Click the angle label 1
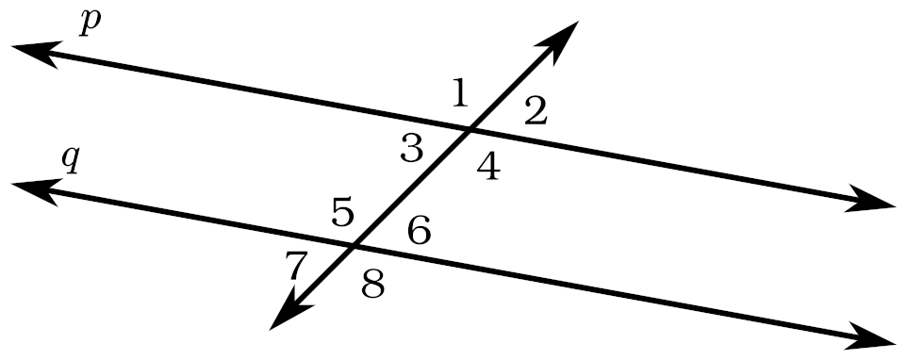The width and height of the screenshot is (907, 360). pos(460,93)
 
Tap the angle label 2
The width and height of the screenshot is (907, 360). pos(536,111)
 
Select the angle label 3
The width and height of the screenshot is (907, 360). pos(412,148)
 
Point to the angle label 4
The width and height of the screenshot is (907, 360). pos(488,169)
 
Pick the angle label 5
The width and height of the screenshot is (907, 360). pos(343,212)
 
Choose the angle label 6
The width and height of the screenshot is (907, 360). pos(420,231)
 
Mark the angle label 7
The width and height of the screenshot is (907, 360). pos(295,267)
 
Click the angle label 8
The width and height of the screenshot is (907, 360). pos(373,284)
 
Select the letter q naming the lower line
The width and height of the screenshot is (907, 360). pos(71,160)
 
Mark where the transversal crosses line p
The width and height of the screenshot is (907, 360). pos(470,131)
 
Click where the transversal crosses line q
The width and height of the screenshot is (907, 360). pos(354,246)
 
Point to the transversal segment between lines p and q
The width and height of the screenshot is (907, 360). pos(412,188)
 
